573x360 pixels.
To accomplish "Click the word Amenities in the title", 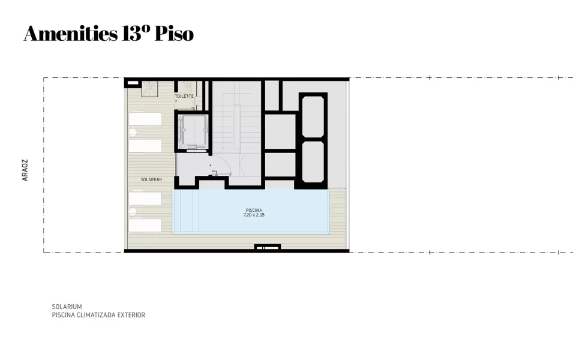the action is click(71, 33).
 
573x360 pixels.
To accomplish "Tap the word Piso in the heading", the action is click(174, 33).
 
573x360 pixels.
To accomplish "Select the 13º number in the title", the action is click(136, 33).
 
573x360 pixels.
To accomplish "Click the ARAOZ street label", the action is click(25, 170).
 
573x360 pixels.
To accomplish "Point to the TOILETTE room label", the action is click(184, 96).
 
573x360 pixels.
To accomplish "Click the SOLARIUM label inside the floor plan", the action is click(151, 179).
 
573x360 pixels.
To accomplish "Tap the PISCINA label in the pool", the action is click(254, 210).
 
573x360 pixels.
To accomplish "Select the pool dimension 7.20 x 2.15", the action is click(254, 215).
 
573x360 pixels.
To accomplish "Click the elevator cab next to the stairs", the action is click(192, 131).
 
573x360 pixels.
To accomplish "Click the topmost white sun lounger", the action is click(145, 119).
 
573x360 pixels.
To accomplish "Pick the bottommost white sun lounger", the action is click(145, 225).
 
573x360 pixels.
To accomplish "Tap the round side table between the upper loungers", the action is click(133, 133).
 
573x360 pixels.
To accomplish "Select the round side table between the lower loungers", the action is click(133, 212).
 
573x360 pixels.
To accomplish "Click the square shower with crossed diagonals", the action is click(149, 89).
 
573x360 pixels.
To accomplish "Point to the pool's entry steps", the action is click(187, 211).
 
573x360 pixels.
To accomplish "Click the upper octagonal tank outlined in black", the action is click(313, 116).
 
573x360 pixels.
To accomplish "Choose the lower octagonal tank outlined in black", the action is click(313, 161).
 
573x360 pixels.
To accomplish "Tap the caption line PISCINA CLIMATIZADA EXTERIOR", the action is click(98, 314).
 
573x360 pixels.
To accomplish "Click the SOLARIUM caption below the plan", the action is click(67, 307).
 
